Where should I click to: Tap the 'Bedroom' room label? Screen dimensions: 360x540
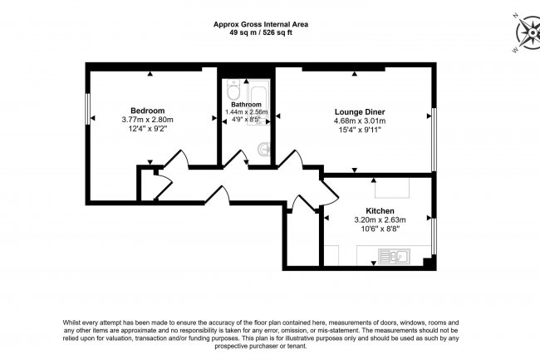tap(147, 111)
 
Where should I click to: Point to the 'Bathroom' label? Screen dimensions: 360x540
tap(246, 104)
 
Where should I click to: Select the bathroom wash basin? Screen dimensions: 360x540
tap(263, 150)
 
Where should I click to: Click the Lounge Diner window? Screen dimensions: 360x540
tap(432, 133)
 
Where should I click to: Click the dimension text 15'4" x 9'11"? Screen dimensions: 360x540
tap(359, 131)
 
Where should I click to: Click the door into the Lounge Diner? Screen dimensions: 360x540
tap(290, 160)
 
